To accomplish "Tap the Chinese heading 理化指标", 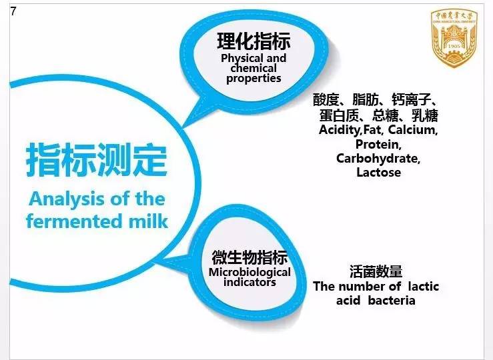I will pos(254,41).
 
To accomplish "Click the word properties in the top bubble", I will pos(254,79).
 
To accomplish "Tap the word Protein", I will pos(378,144).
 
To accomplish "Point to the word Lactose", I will pos(378,173).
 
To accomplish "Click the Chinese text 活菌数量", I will pos(376,272).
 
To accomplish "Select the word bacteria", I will pos(393,301).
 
